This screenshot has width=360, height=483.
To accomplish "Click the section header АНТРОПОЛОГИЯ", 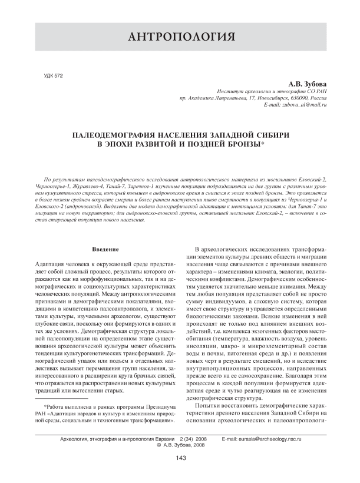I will click(x=180, y=38).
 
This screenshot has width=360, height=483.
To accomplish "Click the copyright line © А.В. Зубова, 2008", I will click(x=180, y=446).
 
